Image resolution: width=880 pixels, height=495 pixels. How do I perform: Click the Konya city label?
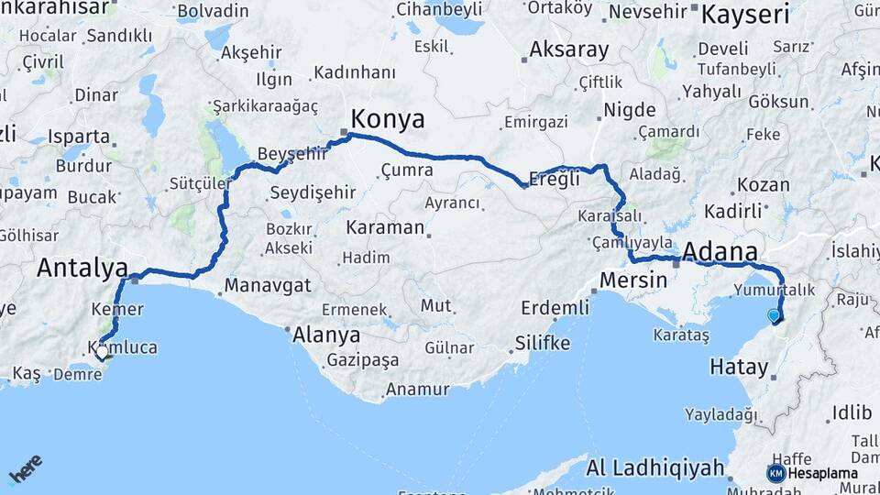(x=389, y=119)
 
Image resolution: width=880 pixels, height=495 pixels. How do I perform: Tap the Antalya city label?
(x=82, y=269)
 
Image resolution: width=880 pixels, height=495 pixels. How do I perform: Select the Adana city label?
(x=720, y=252)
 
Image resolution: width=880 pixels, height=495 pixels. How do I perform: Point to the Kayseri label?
(x=744, y=14)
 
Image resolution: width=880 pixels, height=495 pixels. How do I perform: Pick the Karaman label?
(x=385, y=227)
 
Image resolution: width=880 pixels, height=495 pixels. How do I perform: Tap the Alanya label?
(x=326, y=335)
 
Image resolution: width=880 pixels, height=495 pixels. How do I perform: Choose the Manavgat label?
(x=268, y=285)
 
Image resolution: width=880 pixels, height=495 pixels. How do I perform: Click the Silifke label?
(x=541, y=344)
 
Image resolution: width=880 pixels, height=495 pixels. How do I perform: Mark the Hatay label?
(x=739, y=368)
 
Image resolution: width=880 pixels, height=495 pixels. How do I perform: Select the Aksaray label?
(x=568, y=49)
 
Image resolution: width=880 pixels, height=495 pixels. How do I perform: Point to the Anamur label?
(x=417, y=389)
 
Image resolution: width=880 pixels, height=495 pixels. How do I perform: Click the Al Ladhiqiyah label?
(x=655, y=468)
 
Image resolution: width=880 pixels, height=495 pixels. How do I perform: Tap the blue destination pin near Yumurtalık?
(x=775, y=316)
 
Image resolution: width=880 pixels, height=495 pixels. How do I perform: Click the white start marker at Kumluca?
(x=102, y=351)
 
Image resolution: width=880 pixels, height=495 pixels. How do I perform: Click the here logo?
(x=26, y=468)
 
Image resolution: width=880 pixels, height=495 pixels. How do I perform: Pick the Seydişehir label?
(x=313, y=193)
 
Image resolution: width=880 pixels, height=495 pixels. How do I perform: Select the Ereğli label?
(x=556, y=180)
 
